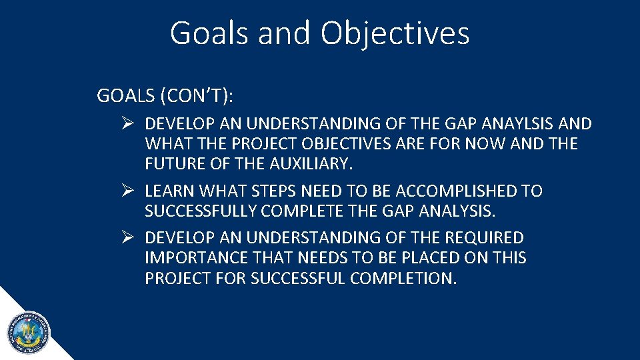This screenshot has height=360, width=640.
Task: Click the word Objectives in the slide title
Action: [395, 33]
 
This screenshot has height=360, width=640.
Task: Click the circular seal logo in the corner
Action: [28, 332]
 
